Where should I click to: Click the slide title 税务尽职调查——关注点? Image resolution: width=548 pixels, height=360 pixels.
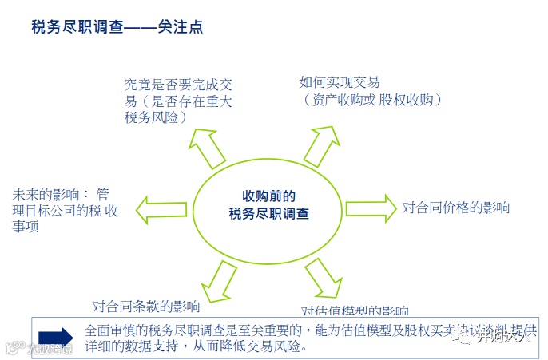pyautogui.click(x=117, y=27)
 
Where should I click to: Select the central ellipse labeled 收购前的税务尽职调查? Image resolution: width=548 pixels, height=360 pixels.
pyautogui.click(x=268, y=205)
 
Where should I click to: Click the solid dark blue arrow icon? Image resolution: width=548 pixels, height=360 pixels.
pyautogui.click(x=55, y=337)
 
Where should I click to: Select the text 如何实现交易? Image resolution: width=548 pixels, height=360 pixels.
pyautogui.click(x=340, y=82)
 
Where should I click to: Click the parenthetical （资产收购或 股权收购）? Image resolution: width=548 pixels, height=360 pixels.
pyautogui.click(x=371, y=100)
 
